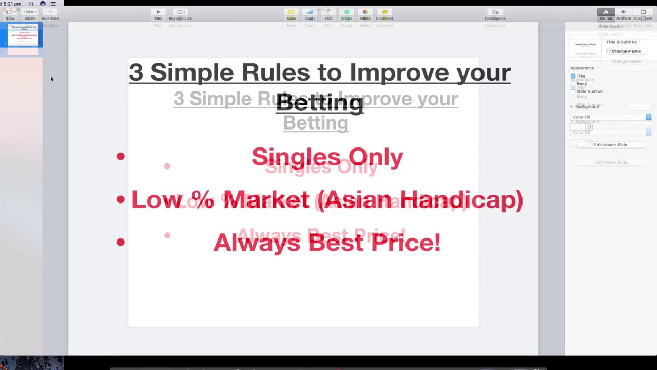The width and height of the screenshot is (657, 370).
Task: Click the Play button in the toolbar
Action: pyautogui.click(x=158, y=14)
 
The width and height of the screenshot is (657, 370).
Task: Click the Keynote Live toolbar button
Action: pyautogui.click(x=180, y=14)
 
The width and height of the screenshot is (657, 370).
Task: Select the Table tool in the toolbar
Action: pyautogui.click(x=291, y=14)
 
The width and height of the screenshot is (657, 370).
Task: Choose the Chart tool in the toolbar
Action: pyautogui.click(x=310, y=14)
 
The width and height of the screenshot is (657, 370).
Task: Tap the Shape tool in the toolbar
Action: pyautogui.click(x=346, y=14)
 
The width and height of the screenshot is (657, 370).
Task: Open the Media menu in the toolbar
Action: pyautogui.click(x=365, y=14)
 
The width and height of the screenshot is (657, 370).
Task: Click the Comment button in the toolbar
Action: pyautogui.click(x=384, y=14)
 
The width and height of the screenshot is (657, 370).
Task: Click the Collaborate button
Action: pyautogui.click(x=495, y=14)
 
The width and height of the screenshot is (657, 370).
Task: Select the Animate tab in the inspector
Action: pyautogui.click(x=624, y=14)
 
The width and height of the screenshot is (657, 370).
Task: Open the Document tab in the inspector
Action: pyautogui.click(x=643, y=14)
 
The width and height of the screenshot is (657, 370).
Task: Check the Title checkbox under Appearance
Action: pyautogui.click(x=573, y=76)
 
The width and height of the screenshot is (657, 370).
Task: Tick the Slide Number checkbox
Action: pyautogui.click(x=573, y=91)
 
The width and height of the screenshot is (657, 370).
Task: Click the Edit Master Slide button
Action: pyautogui.click(x=610, y=145)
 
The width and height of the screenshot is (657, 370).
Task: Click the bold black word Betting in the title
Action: pyautogui.click(x=320, y=102)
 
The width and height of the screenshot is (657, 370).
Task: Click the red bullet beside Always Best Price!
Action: pyautogui.click(x=120, y=242)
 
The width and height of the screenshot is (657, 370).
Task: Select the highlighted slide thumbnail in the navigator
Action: pyautogui.click(x=24, y=36)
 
